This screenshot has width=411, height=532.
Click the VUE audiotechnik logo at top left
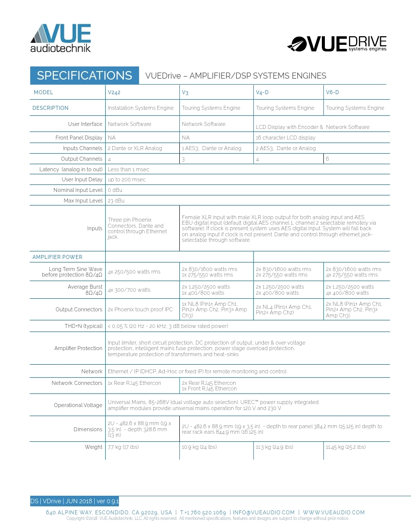60,38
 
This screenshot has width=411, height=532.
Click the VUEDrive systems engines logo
337,44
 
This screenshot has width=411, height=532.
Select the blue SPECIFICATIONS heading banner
84,76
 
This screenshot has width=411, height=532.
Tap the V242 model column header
114,93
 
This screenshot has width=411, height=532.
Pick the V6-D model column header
332,93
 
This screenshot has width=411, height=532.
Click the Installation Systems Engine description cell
141,108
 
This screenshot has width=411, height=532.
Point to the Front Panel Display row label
79,138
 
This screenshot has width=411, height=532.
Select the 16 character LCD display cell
286,138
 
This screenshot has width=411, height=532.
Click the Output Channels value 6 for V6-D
328,159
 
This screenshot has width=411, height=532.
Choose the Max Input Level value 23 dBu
116,201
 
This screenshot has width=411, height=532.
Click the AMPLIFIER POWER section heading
57,257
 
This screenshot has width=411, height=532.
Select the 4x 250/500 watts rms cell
134,272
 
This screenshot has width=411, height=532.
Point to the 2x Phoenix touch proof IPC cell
140,309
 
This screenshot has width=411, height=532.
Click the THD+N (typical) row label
83,326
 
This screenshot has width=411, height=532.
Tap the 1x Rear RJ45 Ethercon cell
134,383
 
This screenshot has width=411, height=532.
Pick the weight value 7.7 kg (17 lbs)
123,447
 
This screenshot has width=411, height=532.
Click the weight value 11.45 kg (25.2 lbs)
346,447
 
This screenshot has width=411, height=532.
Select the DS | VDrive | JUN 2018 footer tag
75,501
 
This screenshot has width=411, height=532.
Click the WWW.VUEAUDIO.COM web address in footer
333,512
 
